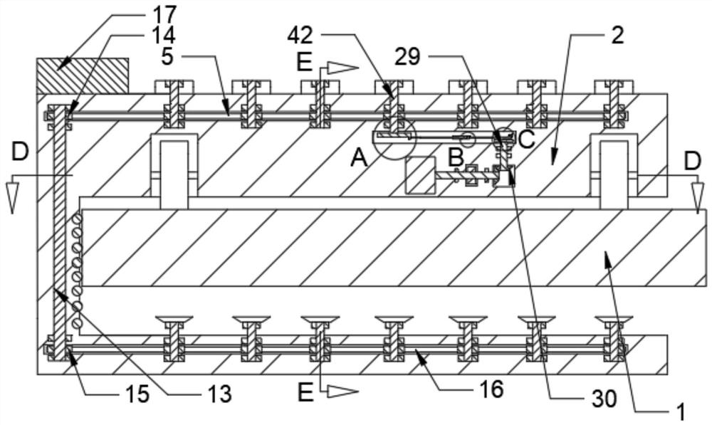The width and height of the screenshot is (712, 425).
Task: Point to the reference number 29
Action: tap(408, 57)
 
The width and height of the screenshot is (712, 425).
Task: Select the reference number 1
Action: tap(681, 410)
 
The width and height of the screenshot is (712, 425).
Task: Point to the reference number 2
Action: tap(617, 35)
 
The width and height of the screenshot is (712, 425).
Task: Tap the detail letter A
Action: tap(359, 158)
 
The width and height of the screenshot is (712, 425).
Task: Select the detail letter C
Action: tap(526, 138)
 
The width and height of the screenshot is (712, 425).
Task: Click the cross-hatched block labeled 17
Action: tap(83, 75)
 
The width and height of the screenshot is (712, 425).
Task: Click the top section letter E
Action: tap(304, 63)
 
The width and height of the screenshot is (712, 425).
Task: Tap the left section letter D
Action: tap(20, 151)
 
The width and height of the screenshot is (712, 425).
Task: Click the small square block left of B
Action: tap(420, 175)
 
